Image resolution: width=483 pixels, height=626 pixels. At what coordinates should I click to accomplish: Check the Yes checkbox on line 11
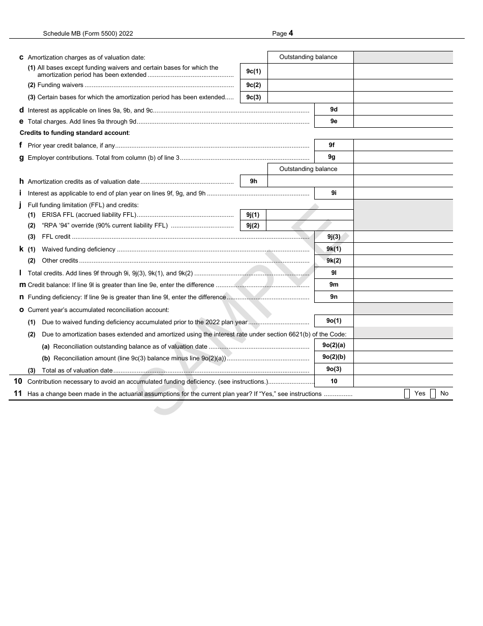[x=407, y=393]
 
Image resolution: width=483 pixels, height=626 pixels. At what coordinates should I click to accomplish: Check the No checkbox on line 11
[x=433, y=393]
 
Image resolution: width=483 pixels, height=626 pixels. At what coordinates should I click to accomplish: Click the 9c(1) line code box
[x=253, y=71]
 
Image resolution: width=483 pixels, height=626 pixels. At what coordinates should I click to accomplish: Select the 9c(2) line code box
[x=253, y=85]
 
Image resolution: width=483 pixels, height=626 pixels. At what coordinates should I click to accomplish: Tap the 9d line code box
[x=334, y=109]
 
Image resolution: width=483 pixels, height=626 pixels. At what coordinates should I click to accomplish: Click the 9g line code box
[x=334, y=157]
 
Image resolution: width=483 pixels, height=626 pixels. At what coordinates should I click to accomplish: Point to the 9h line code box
[x=253, y=181]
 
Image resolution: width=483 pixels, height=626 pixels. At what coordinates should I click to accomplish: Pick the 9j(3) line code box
[x=334, y=236]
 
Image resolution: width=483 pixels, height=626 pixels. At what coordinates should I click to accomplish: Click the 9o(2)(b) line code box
[x=334, y=357]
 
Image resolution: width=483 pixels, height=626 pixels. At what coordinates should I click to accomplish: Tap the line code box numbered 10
[x=334, y=381]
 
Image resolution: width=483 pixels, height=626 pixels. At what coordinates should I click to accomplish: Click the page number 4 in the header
[x=291, y=34]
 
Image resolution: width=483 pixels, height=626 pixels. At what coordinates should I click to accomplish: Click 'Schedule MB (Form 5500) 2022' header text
[x=88, y=34]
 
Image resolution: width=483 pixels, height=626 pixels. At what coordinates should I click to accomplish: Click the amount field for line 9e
[x=403, y=122]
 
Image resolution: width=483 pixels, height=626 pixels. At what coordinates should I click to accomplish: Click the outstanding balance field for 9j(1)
[x=309, y=215]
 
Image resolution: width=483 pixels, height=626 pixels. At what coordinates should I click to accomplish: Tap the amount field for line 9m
[x=403, y=284]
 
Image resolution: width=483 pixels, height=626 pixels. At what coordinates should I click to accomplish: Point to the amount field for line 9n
[x=403, y=297]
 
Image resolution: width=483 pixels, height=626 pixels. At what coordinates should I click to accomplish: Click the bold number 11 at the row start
[x=18, y=393]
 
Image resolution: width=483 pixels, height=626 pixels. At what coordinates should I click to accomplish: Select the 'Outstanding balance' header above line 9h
[x=308, y=169]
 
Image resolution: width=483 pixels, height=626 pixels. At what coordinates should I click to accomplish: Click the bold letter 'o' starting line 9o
[x=21, y=309]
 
